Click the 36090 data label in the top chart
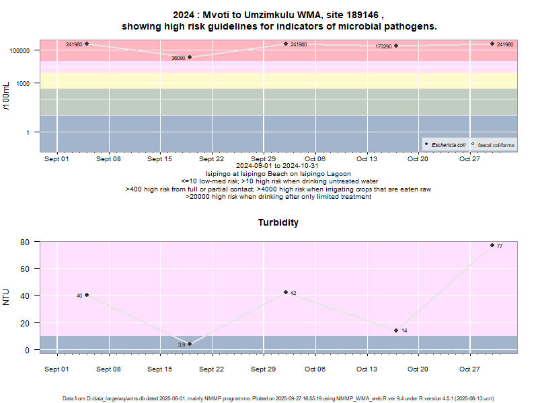178,58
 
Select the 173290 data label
383,46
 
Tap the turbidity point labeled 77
492,245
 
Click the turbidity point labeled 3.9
190,344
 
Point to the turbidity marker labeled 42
286,292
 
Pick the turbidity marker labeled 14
396,330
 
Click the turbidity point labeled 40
87,295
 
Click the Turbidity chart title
278,222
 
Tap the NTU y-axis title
7,296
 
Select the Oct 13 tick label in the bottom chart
367,369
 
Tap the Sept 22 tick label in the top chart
211,159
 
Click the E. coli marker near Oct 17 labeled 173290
396,46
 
